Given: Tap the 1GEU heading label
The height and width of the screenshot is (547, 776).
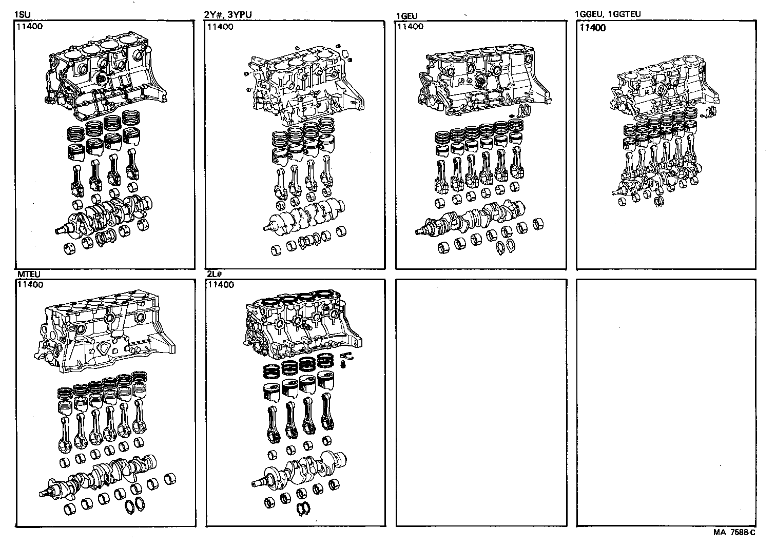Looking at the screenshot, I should pos(407,16).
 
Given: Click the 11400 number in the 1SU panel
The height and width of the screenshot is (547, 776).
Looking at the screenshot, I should pos(30,26).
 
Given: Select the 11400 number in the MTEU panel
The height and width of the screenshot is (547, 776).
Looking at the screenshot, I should pos(30,285).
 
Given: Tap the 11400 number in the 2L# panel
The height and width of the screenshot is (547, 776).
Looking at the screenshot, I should pos(220,285).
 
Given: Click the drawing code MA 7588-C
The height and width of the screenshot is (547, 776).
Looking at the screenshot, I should pos(734,533).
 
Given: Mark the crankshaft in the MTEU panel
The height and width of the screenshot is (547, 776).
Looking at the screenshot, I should pos(103,475).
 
